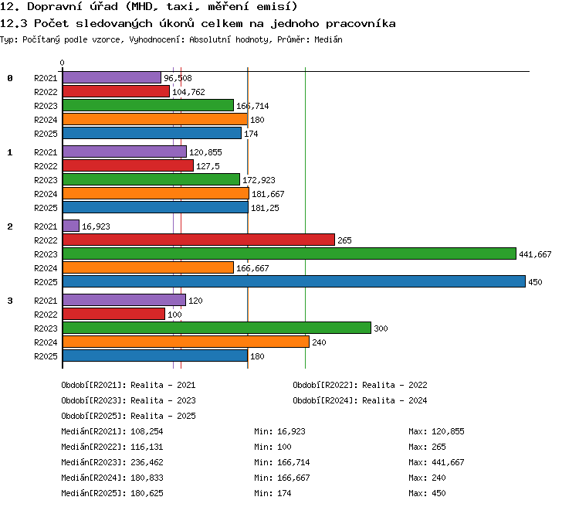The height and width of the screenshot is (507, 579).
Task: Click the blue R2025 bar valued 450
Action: pyautogui.click(x=294, y=281)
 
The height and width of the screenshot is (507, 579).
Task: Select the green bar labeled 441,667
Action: pyautogui.click(x=289, y=253)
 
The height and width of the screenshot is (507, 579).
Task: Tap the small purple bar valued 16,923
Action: pyautogui.click(x=71, y=226)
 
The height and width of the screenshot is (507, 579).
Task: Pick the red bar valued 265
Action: pyautogui.click(x=198, y=240)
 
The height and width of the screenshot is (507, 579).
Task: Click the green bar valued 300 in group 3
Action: pyautogui.click(x=217, y=328)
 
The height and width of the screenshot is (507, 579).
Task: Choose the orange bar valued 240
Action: pyautogui.click(x=186, y=342)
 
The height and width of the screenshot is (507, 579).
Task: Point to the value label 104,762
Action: pyautogui.click(x=188, y=92)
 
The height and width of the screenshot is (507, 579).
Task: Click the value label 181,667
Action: pyautogui.click(x=268, y=194)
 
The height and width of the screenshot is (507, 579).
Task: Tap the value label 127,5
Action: pyautogui.click(x=208, y=166)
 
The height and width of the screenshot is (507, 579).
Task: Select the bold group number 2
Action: pyautogui.click(x=10, y=226)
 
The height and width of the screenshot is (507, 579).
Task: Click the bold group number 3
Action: pyautogui.click(x=10, y=301)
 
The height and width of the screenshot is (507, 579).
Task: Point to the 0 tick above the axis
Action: pyautogui.click(x=62, y=63)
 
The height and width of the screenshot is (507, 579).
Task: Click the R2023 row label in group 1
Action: pyautogui.click(x=46, y=180)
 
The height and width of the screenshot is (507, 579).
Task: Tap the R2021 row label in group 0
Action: pyautogui.click(x=46, y=78)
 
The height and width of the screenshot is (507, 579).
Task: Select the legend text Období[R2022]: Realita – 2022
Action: pyautogui.click(x=360, y=386)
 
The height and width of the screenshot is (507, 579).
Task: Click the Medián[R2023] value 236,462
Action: pyautogui.click(x=147, y=462)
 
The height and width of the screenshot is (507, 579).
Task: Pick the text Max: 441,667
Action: pyautogui.click(x=436, y=462)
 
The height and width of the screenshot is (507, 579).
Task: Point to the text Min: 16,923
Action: pyautogui.click(x=279, y=431)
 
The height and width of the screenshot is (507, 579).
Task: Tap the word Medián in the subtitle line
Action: pyautogui.click(x=328, y=39)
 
